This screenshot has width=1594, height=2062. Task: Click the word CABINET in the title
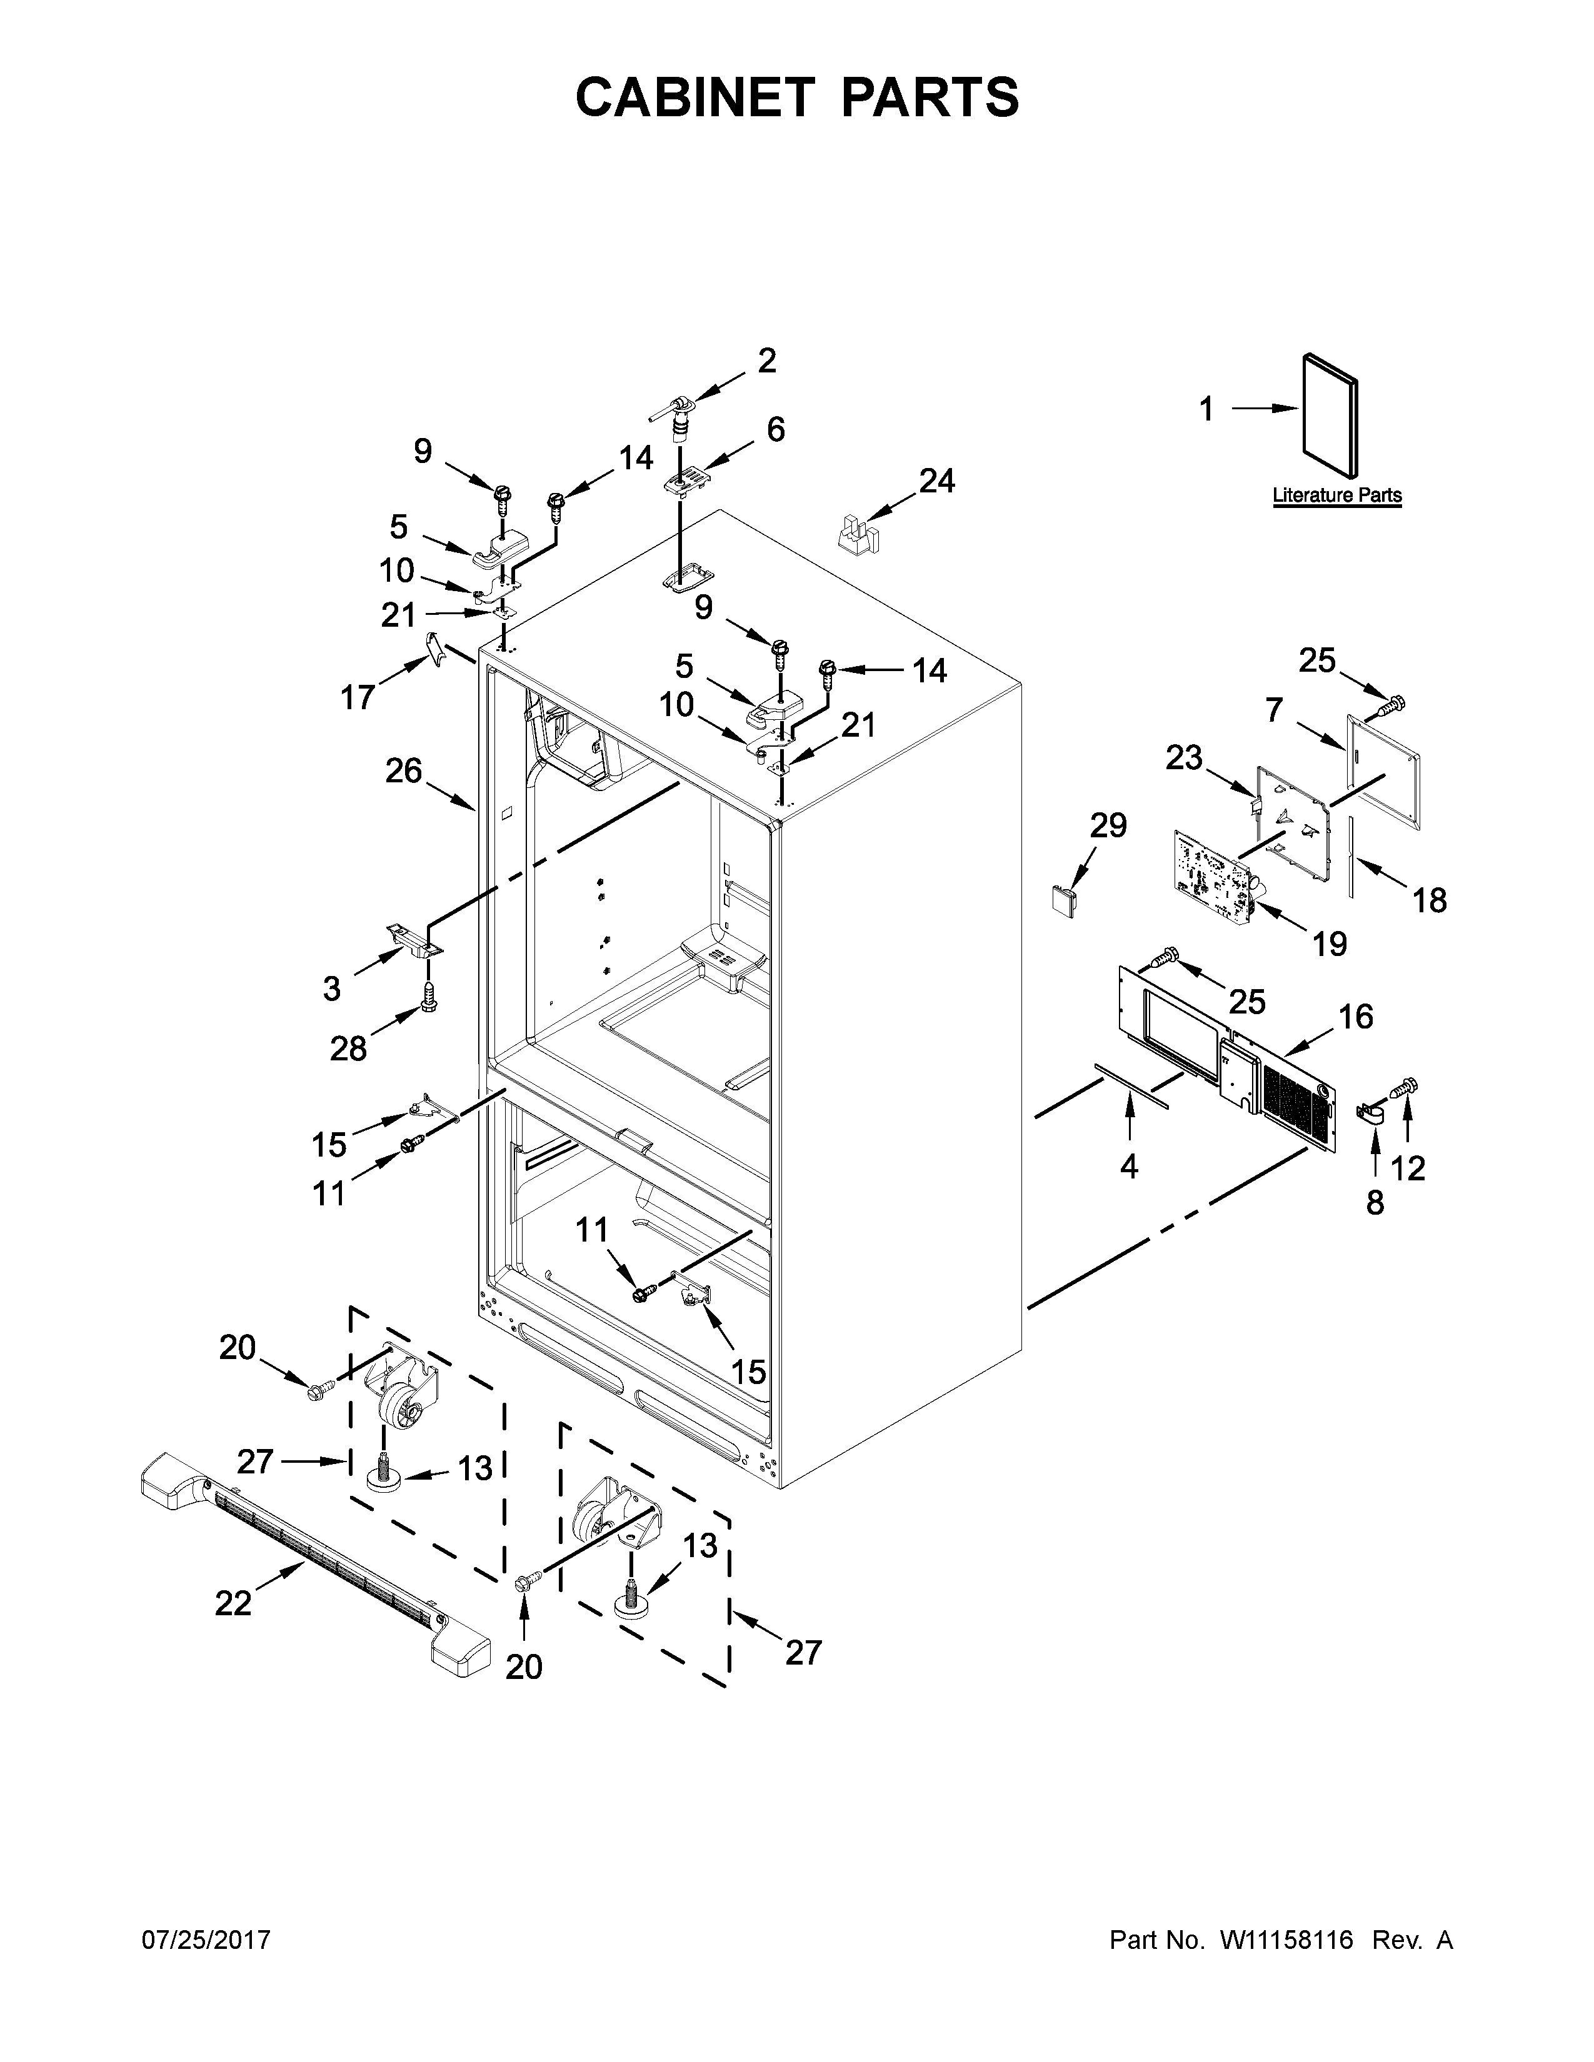coord(694,97)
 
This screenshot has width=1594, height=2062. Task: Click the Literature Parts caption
coord(1336,495)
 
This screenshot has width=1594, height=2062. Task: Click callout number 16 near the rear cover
coord(1355,1017)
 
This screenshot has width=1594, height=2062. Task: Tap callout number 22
coord(233,1603)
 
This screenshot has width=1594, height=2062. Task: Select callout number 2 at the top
coord(767,360)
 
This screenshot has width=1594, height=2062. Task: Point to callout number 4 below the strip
coord(1130,1168)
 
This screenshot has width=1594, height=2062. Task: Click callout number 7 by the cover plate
coord(1274,709)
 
